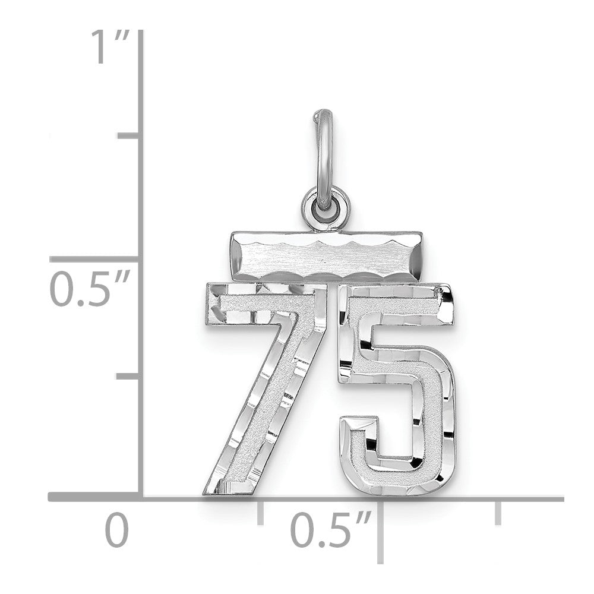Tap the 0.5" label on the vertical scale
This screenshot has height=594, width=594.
90,288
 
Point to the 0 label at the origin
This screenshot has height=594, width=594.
117,529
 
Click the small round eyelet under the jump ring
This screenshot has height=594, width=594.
326,208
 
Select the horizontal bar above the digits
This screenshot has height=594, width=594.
326,257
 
